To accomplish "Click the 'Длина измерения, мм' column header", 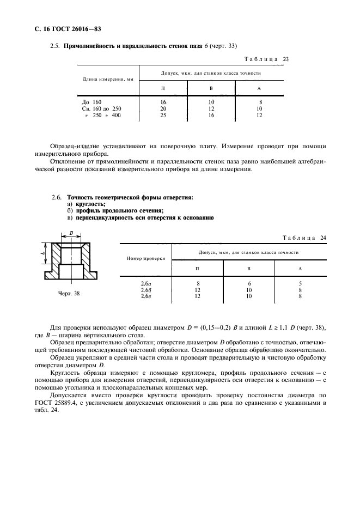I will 108,80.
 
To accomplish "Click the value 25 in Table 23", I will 163,115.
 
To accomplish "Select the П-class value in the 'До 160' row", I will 163,102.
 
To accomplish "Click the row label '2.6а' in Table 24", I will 145,284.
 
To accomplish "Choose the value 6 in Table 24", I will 249,284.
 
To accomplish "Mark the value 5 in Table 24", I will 300,284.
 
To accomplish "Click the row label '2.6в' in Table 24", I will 145,296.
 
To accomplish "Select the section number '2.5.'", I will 54,46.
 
